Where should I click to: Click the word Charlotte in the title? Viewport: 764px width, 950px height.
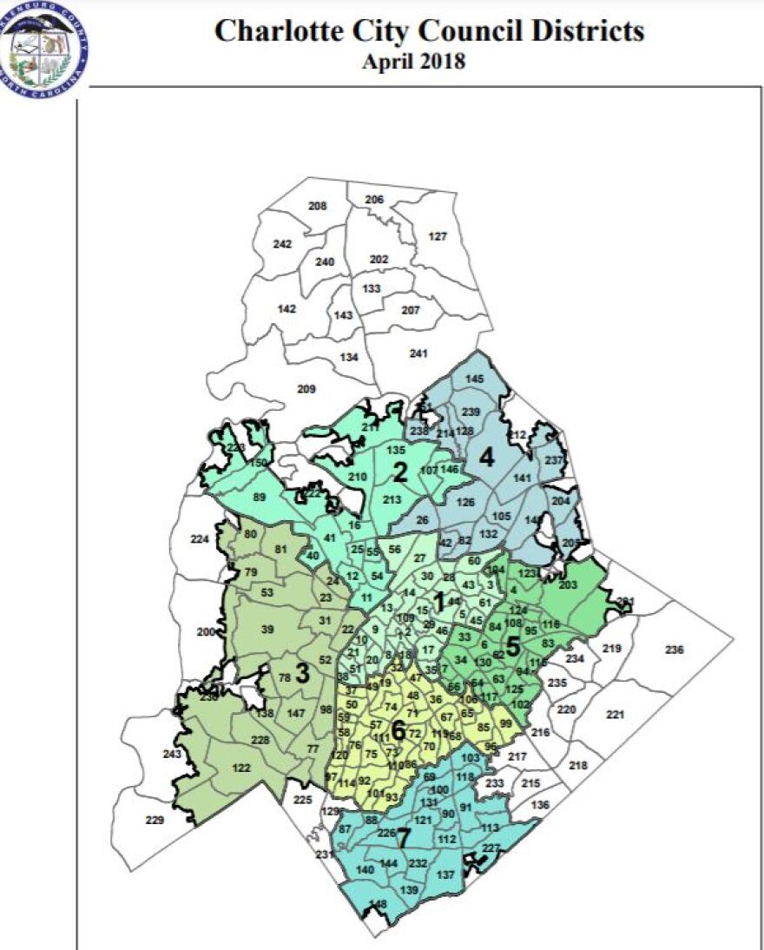pyautogui.click(x=274, y=32)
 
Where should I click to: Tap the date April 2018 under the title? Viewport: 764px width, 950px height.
pyautogui.click(x=414, y=62)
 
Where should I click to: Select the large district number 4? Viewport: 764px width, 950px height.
pyautogui.click(x=487, y=457)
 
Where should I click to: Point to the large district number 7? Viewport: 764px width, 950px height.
pyautogui.click(x=403, y=839)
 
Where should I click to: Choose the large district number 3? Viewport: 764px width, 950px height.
pyautogui.click(x=302, y=673)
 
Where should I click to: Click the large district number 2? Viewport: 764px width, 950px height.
pyautogui.click(x=400, y=472)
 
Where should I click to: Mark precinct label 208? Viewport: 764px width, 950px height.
pyautogui.click(x=318, y=206)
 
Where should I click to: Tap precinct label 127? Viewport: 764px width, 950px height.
pyautogui.click(x=438, y=237)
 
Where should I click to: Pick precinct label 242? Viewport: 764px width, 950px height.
pyautogui.click(x=282, y=244)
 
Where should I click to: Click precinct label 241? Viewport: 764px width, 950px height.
pyautogui.click(x=419, y=353)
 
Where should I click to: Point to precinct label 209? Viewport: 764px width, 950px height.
pyautogui.click(x=306, y=389)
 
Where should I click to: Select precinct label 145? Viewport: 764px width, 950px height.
pyautogui.click(x=474, y=379)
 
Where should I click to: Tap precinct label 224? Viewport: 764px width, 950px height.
pyautogui.click(x=200, y=539)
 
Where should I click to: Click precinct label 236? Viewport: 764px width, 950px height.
pyautogui.click(x=674, y=650)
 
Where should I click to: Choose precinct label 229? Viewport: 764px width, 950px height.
pyautogui.click(x=155, y=821)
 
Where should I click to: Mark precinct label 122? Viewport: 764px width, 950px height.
pyautogui.click(x=241, y=768)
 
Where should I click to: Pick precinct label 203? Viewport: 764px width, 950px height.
pyautogui.click(x=569, y=585)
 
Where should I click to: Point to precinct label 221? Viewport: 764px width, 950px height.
pyautogui.click(x=616, y=715)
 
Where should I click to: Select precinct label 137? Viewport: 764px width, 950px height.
pyautogui.click(x=446, y=874)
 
